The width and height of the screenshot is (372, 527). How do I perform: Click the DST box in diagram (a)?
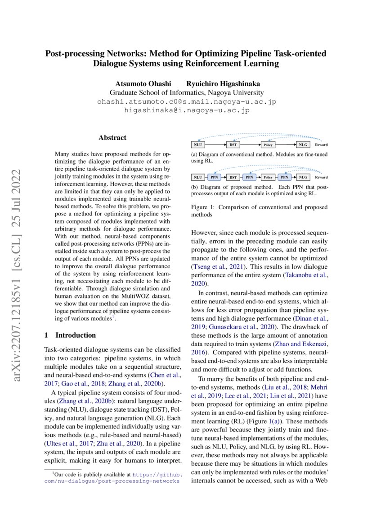[233, 145]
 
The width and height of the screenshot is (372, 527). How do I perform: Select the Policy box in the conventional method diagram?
[268, 145]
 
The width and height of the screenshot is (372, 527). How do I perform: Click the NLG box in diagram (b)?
[303, 177]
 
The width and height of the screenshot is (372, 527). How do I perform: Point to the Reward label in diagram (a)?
[321, 145]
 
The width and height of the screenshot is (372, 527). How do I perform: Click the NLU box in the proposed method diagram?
[197, 177]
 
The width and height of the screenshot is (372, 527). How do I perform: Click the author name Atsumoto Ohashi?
[141, 83]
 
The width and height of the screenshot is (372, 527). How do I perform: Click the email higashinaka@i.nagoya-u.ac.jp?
[186, 110]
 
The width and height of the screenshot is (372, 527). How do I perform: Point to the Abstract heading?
[112, 137]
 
